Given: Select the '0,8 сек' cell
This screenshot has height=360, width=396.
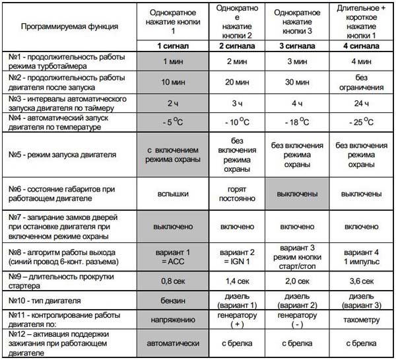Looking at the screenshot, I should pyautogui.click(x=172, y=280).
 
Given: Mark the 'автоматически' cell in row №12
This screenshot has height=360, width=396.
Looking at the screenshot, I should pyautogui.click(x=172, y=343).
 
